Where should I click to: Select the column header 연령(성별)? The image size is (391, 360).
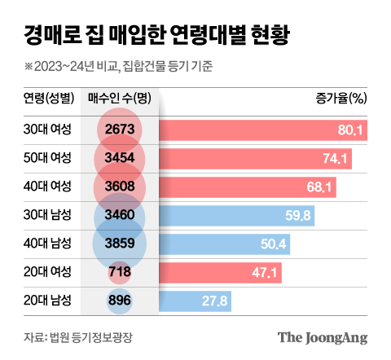point(47,99)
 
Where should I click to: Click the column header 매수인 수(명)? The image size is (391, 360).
point(121,99)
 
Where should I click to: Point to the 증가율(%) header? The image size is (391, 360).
point(342,99)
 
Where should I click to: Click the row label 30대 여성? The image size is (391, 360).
point(47,130)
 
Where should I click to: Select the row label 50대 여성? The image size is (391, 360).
point(47,158)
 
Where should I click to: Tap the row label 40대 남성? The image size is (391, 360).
point(47,244)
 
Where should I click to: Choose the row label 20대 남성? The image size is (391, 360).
point(47,301)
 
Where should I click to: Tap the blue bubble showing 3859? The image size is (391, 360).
point(120,244)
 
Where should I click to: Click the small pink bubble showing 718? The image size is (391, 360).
point(120,273)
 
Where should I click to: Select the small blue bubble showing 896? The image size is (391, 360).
point(120,301)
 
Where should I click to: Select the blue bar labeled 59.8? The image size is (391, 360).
point(236,216)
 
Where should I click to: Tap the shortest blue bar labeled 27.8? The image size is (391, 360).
point(187,301)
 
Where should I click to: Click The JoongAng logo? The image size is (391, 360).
point(323,337)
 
